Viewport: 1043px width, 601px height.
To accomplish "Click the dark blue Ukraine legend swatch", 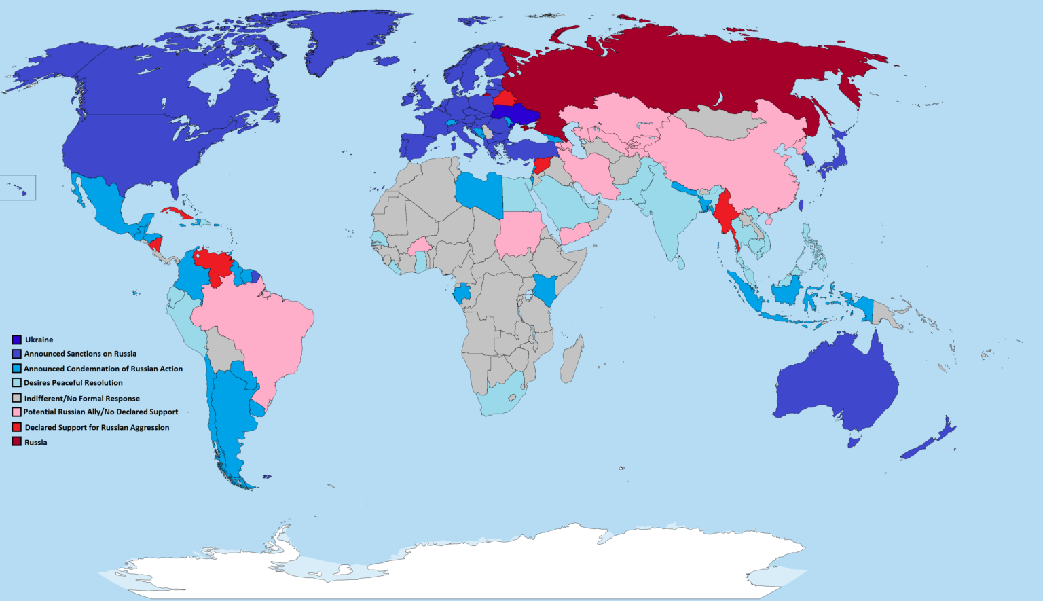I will pos(16,340).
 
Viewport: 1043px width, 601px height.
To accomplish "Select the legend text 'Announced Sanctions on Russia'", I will pos(80,354).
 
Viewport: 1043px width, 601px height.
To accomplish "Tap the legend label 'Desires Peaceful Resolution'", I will pos(73,383).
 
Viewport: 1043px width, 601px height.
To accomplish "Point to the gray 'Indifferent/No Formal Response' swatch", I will pos(16,398).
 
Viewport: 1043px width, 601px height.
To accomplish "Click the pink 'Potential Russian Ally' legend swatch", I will pos(16,412).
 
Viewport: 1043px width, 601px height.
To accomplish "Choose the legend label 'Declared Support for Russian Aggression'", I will pos(97,428).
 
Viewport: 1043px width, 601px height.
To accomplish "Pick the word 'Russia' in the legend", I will pos(36,443).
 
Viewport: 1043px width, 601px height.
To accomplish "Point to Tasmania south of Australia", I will pos(854,442).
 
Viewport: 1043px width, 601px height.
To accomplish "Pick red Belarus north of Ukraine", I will pos(504,97).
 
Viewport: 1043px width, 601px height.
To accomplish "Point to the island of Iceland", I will pos(386,61).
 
